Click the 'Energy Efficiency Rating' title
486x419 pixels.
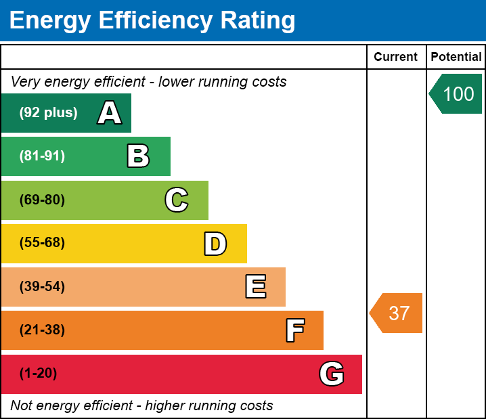pos(152,20)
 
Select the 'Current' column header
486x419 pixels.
pos(396,57)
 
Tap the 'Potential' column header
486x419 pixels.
pos(456,57)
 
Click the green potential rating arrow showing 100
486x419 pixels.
pos(456,93)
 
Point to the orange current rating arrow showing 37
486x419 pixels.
pos(397,313)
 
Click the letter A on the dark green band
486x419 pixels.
pos(110,113)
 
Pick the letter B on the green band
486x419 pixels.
pos(138,156)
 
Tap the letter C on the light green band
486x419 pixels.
pos(177,200)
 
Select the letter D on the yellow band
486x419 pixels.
pos(215,244)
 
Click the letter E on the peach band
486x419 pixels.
pos(255,287)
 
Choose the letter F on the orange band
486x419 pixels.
pos(294,330)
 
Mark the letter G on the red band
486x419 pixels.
pos(332,374)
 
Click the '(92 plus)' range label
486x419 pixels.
pos(48,113)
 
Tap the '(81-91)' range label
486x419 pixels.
pos(42,156)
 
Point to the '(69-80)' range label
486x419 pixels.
pos(42,200)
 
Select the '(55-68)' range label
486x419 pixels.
pos(42,243)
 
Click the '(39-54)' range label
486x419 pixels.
pos(42,287)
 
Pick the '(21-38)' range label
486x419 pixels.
pos(42,330)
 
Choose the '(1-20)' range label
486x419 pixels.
pos(39,374)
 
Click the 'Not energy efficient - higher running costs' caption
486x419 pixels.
pos(141,406)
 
